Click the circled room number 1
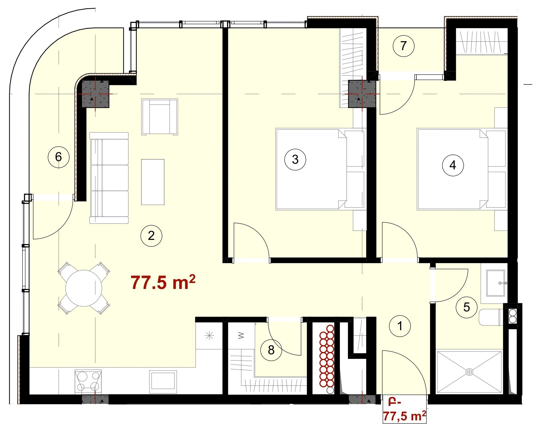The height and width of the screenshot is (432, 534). [400, 326]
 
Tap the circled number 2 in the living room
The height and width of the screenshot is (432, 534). [151, 235]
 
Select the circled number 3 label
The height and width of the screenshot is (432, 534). [295, 159]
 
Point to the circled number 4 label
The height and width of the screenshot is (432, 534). [453, 165]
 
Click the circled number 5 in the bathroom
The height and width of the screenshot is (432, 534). [467, 307]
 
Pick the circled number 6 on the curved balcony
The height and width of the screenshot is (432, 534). [59, 157]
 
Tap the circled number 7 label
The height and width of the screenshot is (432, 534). [403, 46]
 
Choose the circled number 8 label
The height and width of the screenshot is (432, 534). [271, 350]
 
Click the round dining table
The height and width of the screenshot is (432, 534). [84, 288]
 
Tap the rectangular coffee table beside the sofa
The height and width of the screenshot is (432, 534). [153, 182]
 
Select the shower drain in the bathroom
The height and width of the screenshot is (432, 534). [469, 372]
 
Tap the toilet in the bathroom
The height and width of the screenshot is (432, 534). [491, 317]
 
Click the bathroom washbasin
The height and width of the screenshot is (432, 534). [495, 283]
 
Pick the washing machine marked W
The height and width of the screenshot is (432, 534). [241, 336]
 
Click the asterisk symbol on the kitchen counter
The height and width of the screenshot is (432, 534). [209, 336]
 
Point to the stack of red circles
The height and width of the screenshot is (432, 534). [327, 359]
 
